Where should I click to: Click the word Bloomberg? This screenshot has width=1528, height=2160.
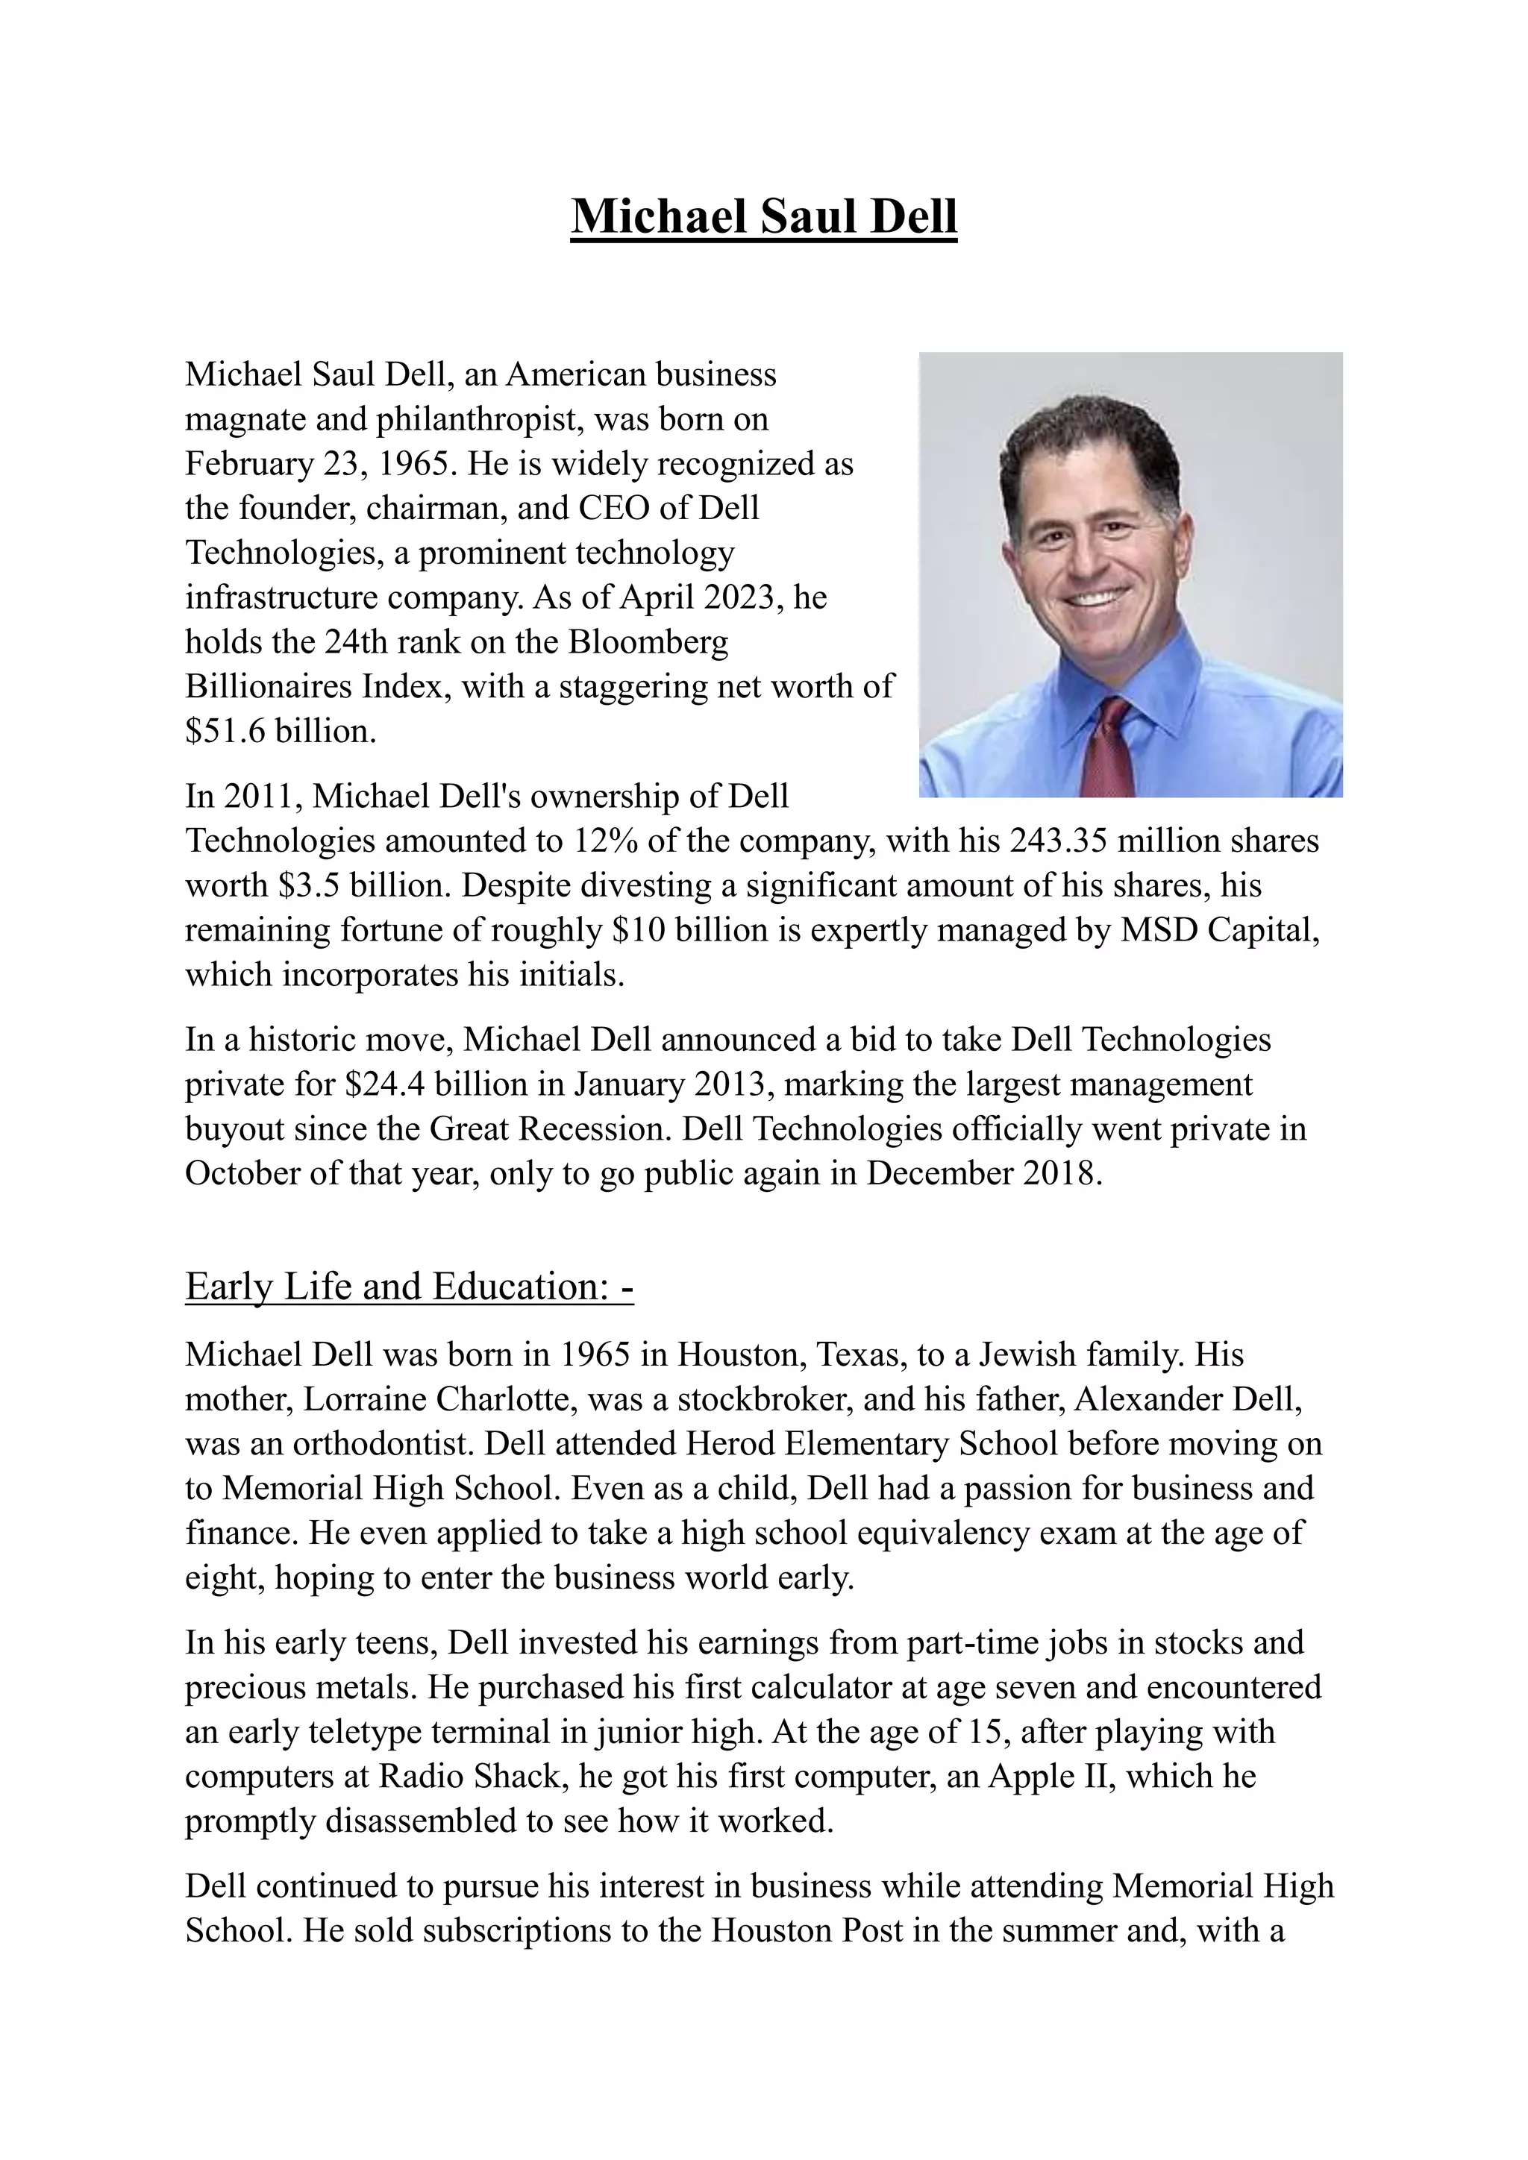pyautogui.click(x=648, y=641)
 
